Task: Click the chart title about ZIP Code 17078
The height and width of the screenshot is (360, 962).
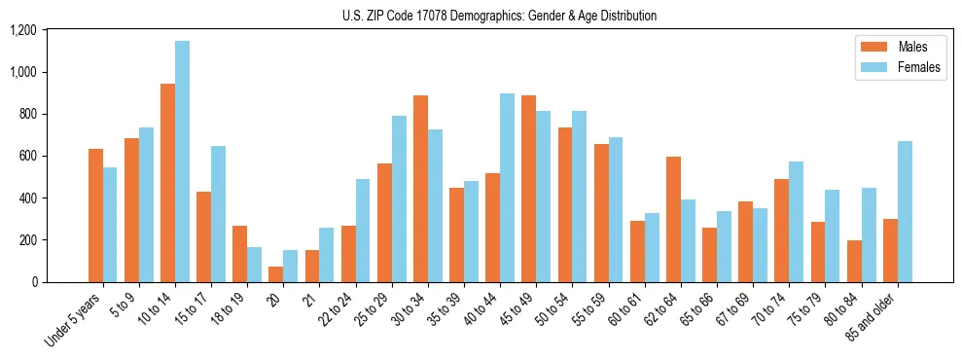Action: pyautogui.click(x=499, y=16)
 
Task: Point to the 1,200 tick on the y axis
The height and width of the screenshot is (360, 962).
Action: pyautogui.click(x=22, y=30)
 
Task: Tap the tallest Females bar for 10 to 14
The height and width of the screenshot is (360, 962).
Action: pyautogui.click(x=182, y=162)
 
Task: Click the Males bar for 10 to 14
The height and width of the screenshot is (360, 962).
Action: pyautogui.click(x=167, y=183)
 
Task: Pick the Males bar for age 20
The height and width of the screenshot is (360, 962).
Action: pyautogui.click(x=276, y=274)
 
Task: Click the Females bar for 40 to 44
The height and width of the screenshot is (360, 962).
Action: pyautogui.click(x=507, y=188)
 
